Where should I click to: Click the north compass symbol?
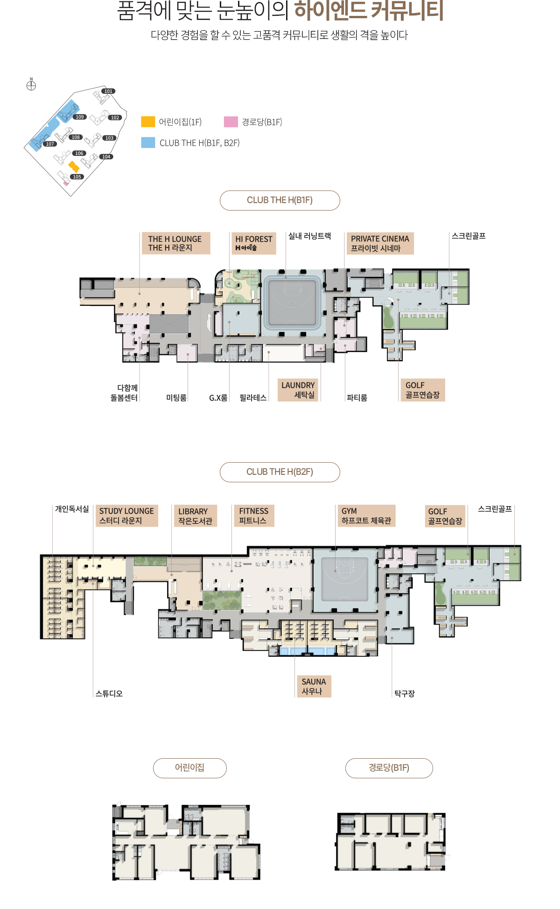pyautogui.click(x=31, y=85)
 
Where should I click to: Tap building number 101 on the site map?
pyautogui.click(x=108, y=91)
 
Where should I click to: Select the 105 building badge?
pyautogui.click(x=77, y=176)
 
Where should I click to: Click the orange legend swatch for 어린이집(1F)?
pyautogui.click(x=148, y=121)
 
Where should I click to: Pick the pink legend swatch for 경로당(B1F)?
pyautogui.click(x=231, y=121)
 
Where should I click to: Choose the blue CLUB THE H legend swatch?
pyautogui.click(x=148, y=142)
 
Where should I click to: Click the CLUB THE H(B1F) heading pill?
pyautogui.click(x=280, y=200)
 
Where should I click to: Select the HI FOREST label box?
pyautogui.click(x=253, y=243)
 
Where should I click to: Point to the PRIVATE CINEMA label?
pyautogui.click(x=380, y=243)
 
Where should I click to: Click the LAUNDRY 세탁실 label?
pyautogui.click(x=298, y=390)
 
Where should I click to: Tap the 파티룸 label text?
pyautogui.click(x=357, y=398)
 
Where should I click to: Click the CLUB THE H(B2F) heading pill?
pyautogui.click(x=280, y=472)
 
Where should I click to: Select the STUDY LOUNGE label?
pyautogui.click(x=126, y=516)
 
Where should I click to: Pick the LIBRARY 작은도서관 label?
pyautogui.click(x=195, y=516)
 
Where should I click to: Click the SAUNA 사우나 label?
pyautogui.click(x=314, y=686)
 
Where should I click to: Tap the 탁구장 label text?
pyautogui.click(x=404, y=694)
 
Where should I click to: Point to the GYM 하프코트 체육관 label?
pyautogui.click(x=366, y=516)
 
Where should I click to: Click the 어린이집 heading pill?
pyautogui.click(x=190, y=768)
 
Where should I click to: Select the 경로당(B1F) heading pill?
pyautogui.click(x=389, y=768)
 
